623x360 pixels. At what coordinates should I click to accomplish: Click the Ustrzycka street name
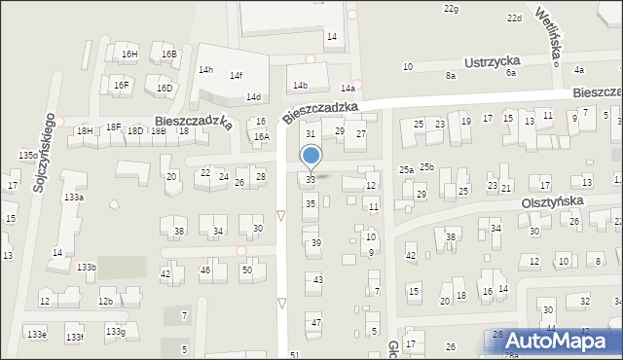(x=494, y=61)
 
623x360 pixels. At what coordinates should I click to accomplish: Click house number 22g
(x=451, y=9)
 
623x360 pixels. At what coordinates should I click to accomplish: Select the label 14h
(x=205, y=70)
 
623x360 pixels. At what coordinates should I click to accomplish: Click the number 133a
(x=74, y=198)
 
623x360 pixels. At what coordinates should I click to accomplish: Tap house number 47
(x=315, y=322)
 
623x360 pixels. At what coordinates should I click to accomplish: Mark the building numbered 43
(x=317, y=279)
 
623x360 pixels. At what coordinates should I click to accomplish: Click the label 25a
(x=406, y=170)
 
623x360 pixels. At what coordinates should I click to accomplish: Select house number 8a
(x=450, y=75)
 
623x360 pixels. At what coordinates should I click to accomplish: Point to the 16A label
(x=261, y=137)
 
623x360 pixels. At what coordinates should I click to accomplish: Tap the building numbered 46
(x=205, y=270)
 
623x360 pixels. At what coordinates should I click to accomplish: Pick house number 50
(x=246, y=270)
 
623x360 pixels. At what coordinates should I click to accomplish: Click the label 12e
(x=45, y=302)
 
